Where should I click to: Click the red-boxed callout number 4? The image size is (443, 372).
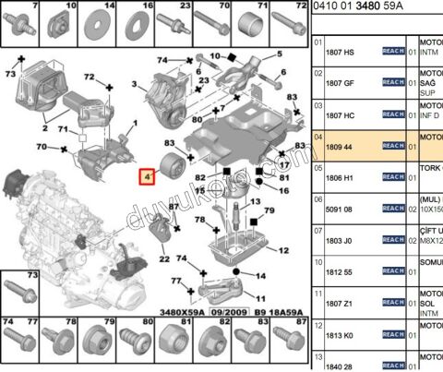(147, 176)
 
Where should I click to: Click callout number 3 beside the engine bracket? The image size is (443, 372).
(135, 86)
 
